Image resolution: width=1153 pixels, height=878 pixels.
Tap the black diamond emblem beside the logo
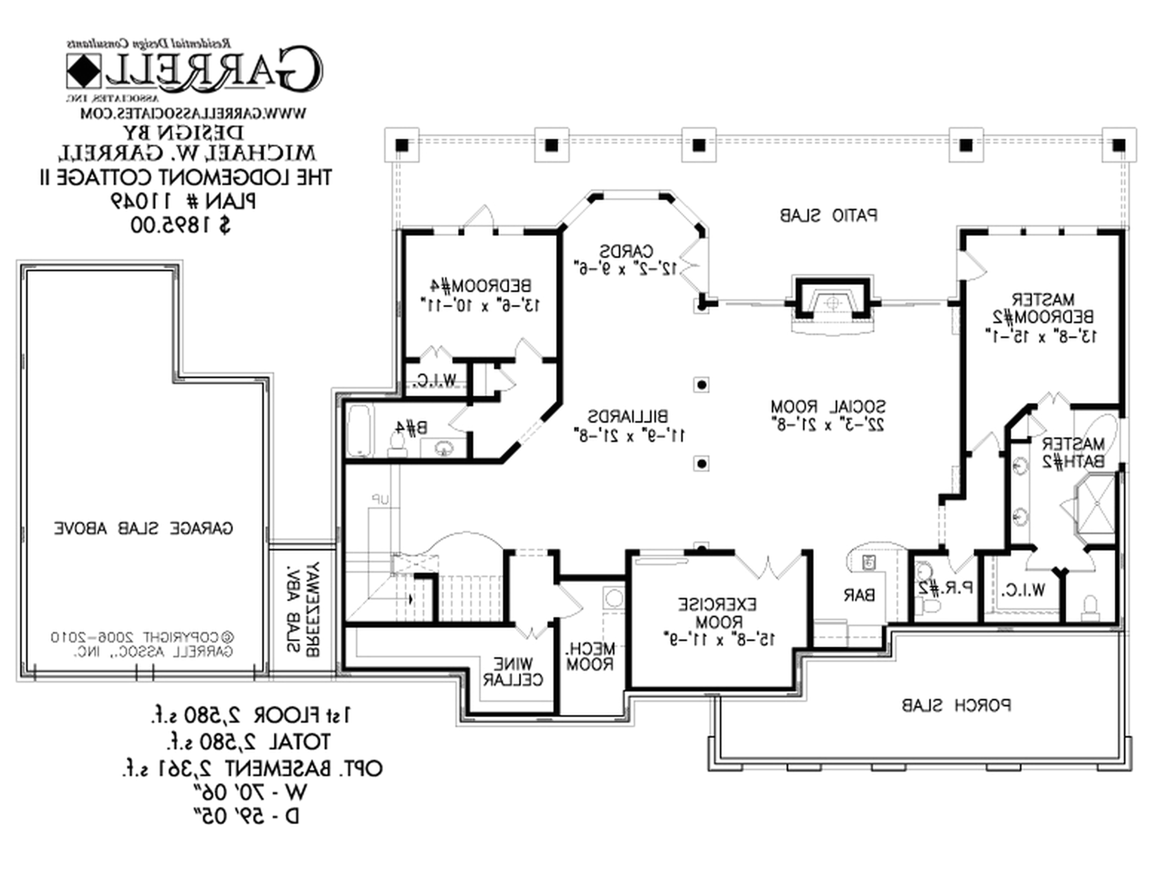pyautogui.click(x=84, y=71)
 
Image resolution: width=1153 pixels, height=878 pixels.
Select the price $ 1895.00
pyautogui.click(x=180, y=226)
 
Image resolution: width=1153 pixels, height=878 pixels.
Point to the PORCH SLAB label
pyautogui.click(x=956, y=706)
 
